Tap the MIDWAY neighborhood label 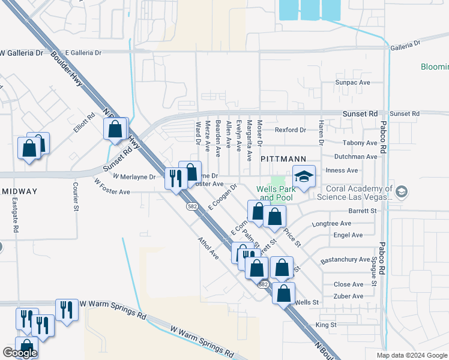[x=19, y=191]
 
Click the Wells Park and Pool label [x=275, y=193]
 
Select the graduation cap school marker [x=304, y=177]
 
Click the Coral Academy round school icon [x=402, y=192]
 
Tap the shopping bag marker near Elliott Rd [x=115, y=128]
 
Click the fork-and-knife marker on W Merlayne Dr [x=175, y=178]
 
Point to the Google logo [x=19, y=353]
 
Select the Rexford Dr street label [x=291, y=130]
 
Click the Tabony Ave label [x=360, y=143]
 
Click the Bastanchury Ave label [x=345, y=259]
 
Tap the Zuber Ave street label [x=349, y=296]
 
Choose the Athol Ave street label [x=209, y=247]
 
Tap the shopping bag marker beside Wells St [x=283, y=293]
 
